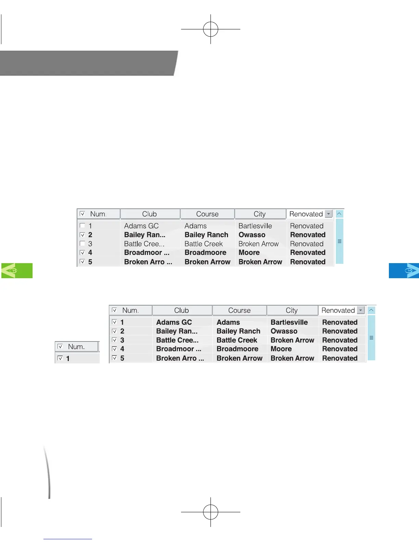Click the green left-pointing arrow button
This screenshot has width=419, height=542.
[x=17, y=270]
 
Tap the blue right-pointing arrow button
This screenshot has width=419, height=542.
[x=404, y=270]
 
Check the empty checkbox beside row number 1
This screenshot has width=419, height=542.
[x=82, y=225]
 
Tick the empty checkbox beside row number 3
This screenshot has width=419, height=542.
[x=82, y=244]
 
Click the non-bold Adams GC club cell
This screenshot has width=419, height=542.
[x=141, y=226]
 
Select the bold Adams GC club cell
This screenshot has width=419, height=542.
[x=174, y=322]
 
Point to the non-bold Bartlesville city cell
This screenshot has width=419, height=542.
[x=255, y=226]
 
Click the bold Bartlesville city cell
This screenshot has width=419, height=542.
[x=289, y=322]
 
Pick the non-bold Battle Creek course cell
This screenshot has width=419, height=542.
[x=203, y=244]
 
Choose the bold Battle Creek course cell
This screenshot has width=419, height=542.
[x=237, y=340]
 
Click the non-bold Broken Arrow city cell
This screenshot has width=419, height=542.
[x=258, y=244]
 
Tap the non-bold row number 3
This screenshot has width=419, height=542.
[x=90, y=244]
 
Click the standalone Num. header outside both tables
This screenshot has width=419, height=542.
[x=76, y=347]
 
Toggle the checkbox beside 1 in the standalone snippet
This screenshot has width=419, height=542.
[x=60, y=358]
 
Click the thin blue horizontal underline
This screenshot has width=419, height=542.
[x=67, y=539]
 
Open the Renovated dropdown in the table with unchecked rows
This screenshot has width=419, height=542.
[x=329, y=214]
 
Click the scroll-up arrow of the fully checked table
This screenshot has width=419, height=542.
[x=371, y=310]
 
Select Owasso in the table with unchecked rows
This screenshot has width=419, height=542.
[x=252, y=235]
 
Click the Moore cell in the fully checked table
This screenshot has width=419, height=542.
[x=281, y=349]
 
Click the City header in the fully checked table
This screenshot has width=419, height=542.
[x=292, y=310]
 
